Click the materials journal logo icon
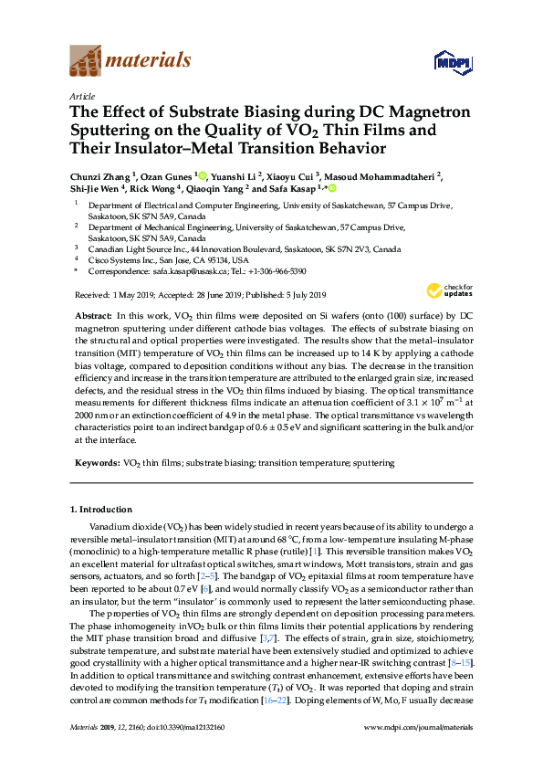(x=85, y=60)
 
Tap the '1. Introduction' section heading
(x=101, y=510)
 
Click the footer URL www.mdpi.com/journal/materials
(x=418, y=752)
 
